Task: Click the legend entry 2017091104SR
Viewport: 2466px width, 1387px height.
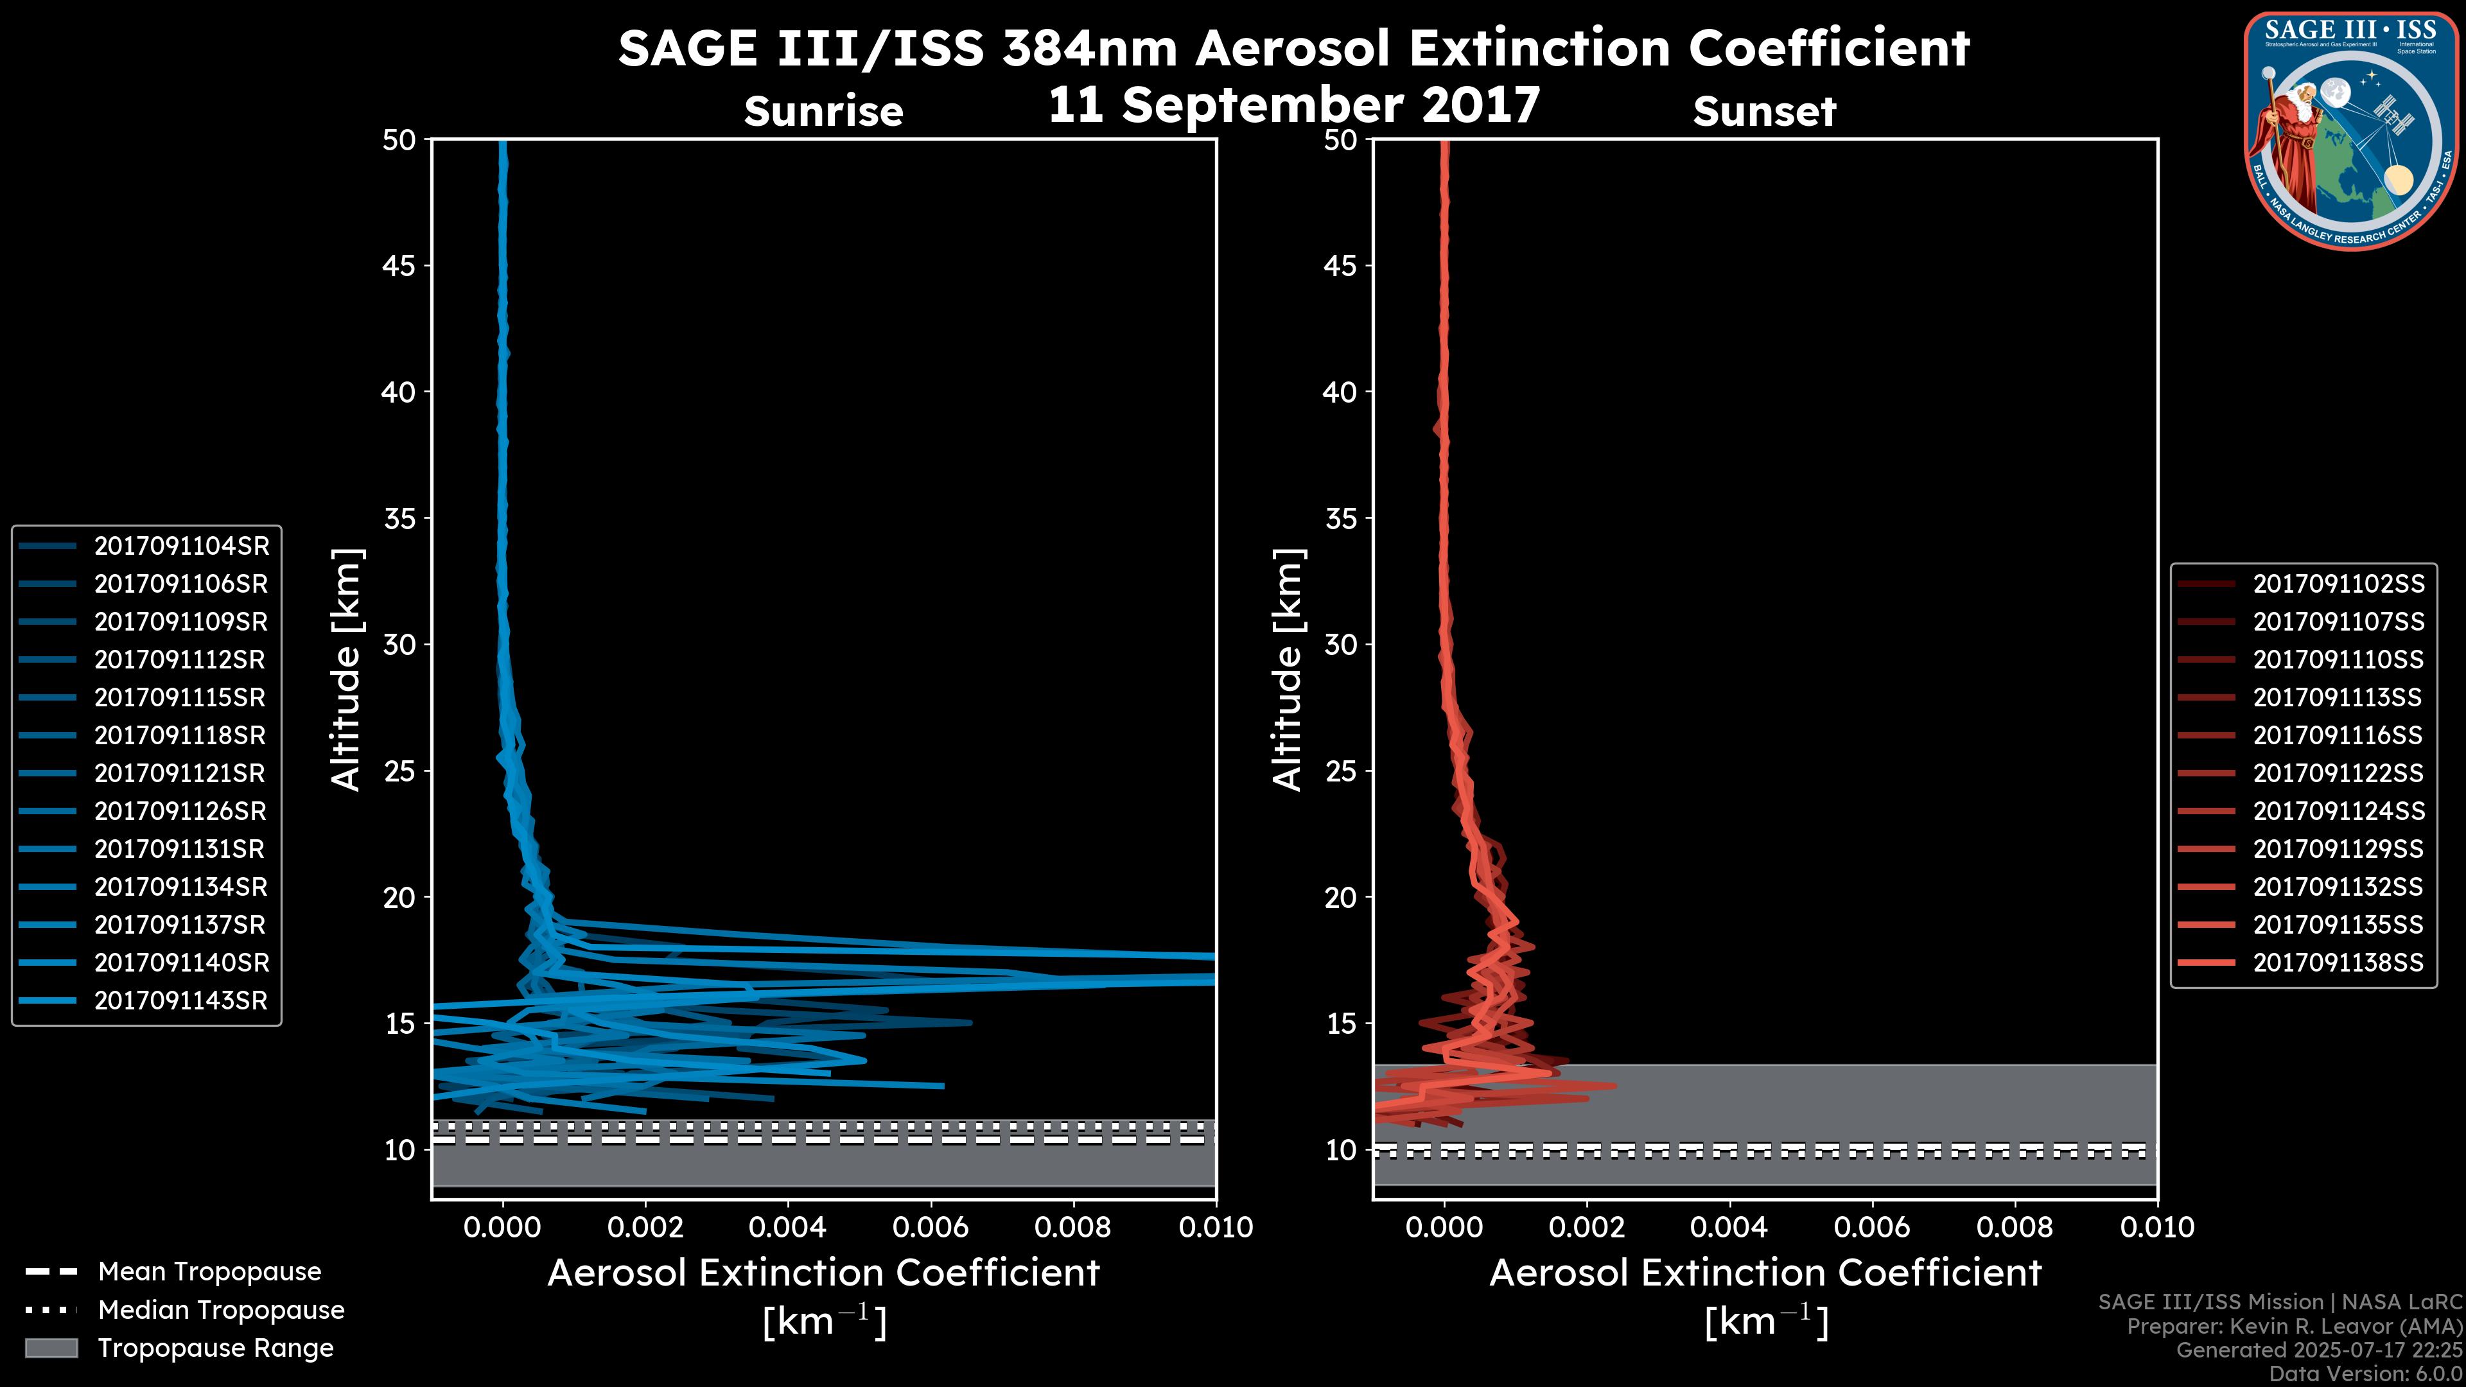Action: (x=181, y=546)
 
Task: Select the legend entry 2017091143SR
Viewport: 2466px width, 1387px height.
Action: (x=181, y=1000)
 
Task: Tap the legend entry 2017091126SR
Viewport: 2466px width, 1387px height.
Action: (x=181, y=811)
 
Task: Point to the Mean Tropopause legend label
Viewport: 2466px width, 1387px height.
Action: (x=209, y=1271)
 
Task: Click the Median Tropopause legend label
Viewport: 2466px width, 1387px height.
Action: (x=221, y=1309)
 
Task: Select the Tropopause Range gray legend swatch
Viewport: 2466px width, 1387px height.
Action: (x=51, y=1348)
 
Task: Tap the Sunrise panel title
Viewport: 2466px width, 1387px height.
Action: (x=823, y=111)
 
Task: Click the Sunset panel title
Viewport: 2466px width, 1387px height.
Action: (x=1764, y=111)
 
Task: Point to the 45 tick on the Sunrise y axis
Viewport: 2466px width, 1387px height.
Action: (x=399, y=265)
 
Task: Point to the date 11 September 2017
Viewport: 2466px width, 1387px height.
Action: (x=1294, y=103)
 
